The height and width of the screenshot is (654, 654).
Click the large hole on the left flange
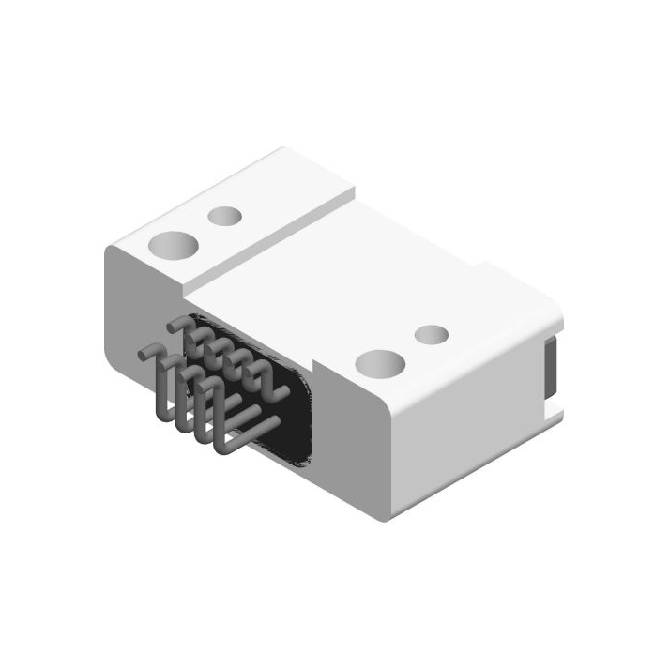[175, 246]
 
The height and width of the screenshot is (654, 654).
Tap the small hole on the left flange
[225, 218]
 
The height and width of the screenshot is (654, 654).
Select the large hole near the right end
[381, 363]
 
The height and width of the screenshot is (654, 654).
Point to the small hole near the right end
[432, 335]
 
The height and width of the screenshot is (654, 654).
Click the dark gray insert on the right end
[551, 371]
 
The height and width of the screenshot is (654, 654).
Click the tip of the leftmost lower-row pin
[144, 355]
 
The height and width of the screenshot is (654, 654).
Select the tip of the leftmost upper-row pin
[175, 325]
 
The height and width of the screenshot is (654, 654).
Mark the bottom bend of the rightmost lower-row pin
[225, 445]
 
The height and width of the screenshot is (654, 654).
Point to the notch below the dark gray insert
[554, 410]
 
